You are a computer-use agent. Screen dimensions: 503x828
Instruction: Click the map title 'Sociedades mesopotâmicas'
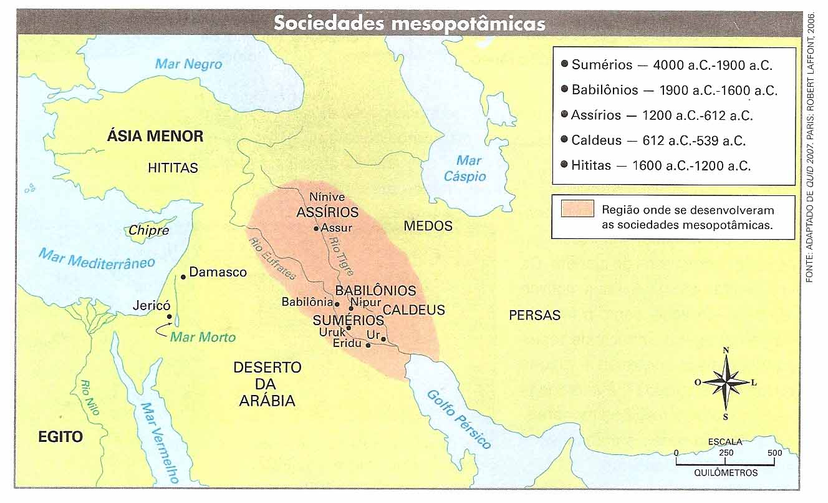tap(410, 23)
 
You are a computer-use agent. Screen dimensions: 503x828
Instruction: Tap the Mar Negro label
tap(188, 64)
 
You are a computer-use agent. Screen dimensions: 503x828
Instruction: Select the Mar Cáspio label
tap(465, 168)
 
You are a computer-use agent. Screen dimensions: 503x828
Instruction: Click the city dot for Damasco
tap(183, 276)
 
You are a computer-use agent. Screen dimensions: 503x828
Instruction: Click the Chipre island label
tap(148, 230)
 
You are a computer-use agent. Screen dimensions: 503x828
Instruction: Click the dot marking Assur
tap(317, 228)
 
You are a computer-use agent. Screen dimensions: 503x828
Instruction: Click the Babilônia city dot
tap(337, 304)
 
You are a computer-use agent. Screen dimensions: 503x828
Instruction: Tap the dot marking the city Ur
tap(383, 339)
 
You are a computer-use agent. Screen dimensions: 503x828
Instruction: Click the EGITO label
tap(60, 437)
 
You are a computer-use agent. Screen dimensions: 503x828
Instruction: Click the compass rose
tap(726, 382)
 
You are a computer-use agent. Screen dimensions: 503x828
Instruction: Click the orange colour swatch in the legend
tap(577, 209)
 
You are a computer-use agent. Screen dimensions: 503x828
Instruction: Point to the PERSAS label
tap(534, 315)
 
